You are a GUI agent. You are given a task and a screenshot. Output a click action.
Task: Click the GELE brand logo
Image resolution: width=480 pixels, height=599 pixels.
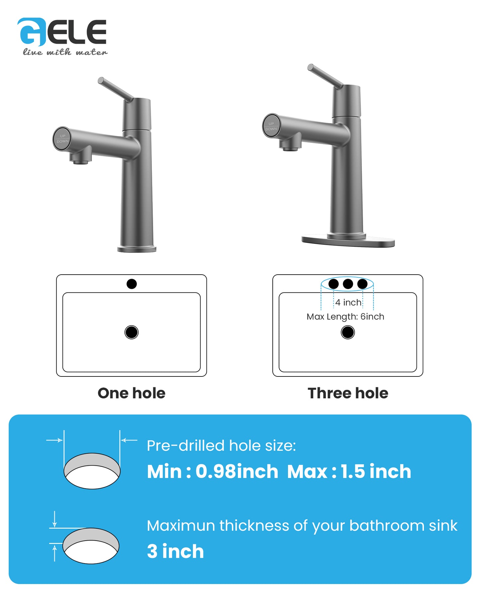tap(62, 32)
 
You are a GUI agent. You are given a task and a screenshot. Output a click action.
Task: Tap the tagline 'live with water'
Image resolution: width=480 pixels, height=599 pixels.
tap(65, 52)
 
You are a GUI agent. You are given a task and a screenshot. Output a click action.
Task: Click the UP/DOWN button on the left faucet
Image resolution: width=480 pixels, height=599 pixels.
tap(62, 139)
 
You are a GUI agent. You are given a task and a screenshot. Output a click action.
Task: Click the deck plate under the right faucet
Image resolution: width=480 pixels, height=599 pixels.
tap(348, 240)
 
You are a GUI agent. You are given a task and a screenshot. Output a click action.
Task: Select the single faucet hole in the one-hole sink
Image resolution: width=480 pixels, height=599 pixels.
tap(132, 284)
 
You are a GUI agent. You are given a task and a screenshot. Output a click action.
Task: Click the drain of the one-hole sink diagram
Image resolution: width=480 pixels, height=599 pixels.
tap(132, 332)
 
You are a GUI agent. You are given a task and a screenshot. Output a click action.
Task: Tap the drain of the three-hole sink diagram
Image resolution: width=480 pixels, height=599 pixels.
tap(348, 332)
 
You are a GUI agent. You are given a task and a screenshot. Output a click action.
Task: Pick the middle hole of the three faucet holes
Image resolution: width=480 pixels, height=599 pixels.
tap(348, 284)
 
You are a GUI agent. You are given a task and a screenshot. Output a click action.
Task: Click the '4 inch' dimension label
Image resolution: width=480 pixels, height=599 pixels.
tap(348, 302)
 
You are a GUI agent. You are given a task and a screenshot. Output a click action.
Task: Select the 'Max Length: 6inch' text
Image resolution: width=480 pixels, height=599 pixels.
tap(345, 317)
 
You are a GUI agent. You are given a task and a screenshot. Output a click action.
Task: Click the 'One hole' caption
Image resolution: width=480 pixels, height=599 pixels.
tap(132, 393)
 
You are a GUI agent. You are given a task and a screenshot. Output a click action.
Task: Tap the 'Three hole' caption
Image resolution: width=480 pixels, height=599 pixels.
tap(348, 393)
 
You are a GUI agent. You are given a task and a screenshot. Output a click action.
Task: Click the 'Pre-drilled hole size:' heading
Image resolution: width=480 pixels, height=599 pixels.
tap(221, 445)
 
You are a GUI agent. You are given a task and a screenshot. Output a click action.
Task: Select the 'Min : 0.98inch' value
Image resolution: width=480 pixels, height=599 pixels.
tap(213, 471)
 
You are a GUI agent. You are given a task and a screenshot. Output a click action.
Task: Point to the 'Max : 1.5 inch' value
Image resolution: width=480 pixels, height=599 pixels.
tap(349, 471)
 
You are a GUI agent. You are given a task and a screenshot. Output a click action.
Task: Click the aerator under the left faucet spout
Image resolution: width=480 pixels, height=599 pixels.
tap(80, 162)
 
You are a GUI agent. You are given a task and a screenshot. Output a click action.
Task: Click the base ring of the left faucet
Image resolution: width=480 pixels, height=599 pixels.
tap(137, 249)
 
